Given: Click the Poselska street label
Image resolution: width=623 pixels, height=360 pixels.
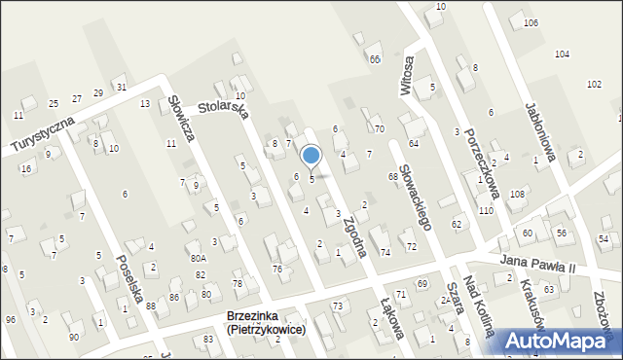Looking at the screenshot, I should click(x=129, y=276).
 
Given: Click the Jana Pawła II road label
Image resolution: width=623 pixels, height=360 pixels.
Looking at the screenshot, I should click(x=538, y=265).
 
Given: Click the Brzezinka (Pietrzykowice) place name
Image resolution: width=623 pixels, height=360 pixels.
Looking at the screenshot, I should click(x=264, y=323).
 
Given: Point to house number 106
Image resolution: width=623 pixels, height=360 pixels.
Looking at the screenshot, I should click(x=558, y=22).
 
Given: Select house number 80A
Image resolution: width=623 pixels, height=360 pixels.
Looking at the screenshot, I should click(x=199, y=259).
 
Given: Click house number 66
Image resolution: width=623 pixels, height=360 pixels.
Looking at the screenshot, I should click(x=375, y=59).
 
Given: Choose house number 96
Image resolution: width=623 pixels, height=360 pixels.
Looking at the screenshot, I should click(x=11, y=319).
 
